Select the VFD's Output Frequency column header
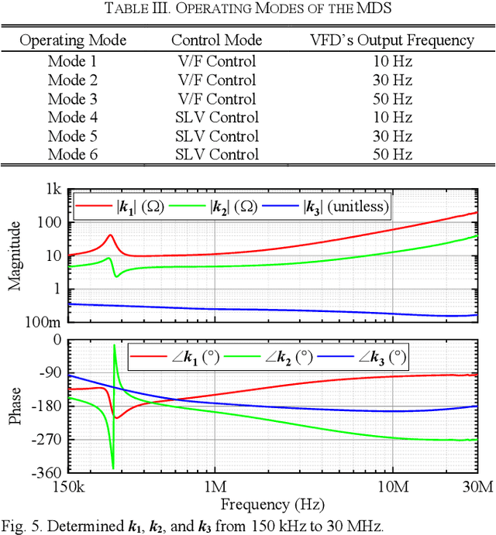coord(391,40)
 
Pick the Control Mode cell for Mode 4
coord(216,118)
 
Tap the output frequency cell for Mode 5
coord(391,136)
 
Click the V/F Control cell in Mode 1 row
coord(216,62)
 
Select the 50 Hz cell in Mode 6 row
coord(391,155)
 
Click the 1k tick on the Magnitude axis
coord(53,190)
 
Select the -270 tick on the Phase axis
coord(46,439)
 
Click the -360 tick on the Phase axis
coord(46,472)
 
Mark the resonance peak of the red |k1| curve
coord(110,235)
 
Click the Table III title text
coord(248,9)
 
